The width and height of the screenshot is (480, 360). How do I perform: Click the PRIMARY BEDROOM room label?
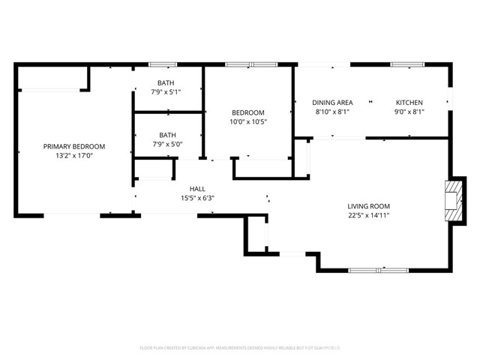(x=73, y=146)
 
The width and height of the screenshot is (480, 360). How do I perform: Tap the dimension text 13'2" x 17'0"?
(x=73, y=156)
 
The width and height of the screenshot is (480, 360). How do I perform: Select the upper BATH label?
(x=166, y=82)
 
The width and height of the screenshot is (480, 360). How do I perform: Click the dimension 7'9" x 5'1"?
(x=166, y=91)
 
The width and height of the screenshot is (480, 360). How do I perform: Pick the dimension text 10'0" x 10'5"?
(x=247, y=121)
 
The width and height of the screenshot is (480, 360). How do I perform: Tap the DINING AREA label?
(x=332, y=103)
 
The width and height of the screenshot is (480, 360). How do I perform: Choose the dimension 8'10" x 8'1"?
(x=332, y=112)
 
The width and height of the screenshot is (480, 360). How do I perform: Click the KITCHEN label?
(x=409, y=103)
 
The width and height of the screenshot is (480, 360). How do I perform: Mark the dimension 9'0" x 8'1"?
(x=409, y=112)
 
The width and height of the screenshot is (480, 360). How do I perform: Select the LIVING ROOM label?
(x=368, y=206)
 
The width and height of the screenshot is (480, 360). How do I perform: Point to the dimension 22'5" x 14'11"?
(x=368, y=215)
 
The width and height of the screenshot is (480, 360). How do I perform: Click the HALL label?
(x=197, y=189)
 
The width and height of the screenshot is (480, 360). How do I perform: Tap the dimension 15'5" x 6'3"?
(x=197, y=198)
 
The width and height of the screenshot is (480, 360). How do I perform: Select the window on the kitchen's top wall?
(x=407, y=64)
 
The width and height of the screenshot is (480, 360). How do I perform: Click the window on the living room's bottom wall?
(x=378, y=269)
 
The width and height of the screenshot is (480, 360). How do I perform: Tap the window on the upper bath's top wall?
(x=163, y=64)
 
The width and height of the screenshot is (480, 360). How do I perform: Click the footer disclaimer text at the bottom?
(x=240, y=347)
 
